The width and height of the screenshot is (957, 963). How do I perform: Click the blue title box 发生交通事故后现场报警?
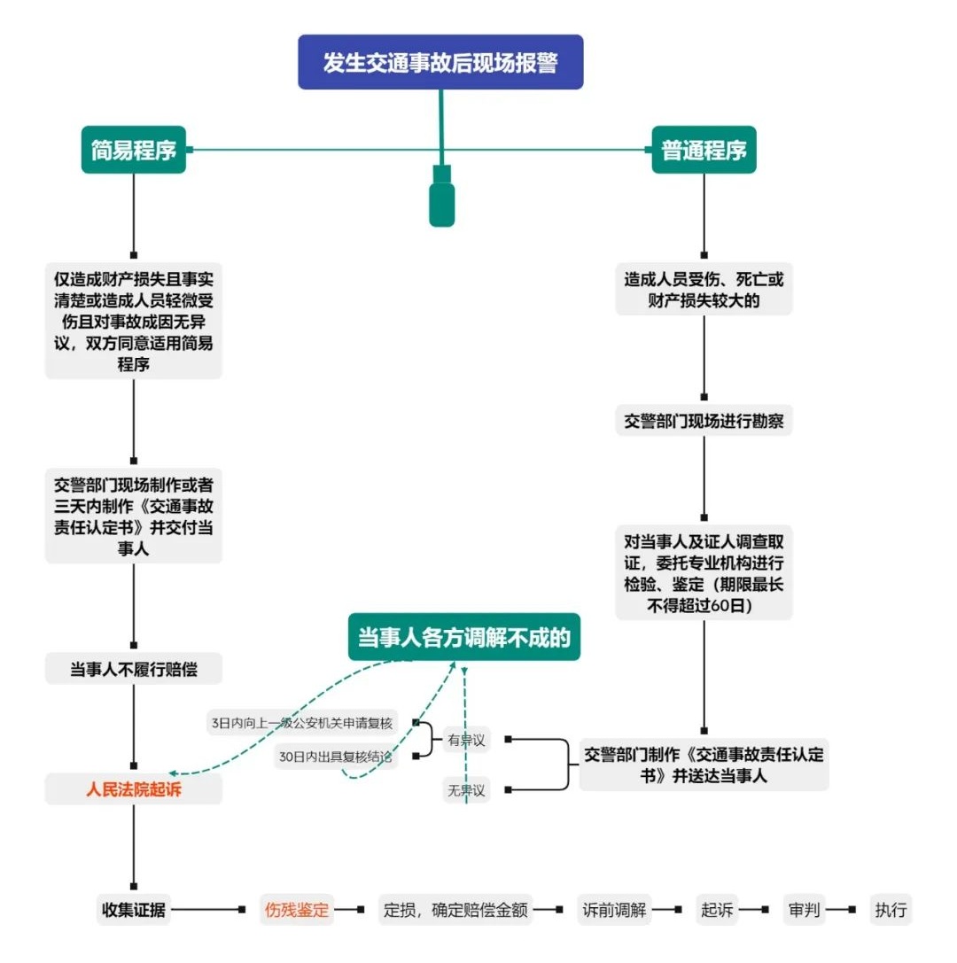coord(440,62)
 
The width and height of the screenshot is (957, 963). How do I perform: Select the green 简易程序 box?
coord(133,150)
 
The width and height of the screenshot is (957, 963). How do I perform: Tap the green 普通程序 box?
coord(704,150)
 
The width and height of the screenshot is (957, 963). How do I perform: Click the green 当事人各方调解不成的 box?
coord(463,637)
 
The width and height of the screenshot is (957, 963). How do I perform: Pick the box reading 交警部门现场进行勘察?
coord(704,421)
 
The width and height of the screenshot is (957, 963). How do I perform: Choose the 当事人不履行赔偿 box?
coord(133,669)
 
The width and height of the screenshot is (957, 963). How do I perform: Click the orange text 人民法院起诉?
coord(133,789)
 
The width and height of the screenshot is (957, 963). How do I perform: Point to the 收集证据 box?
coord(133,910)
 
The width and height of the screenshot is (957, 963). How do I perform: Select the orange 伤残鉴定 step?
coord(297,910)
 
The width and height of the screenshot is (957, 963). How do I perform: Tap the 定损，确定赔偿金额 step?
coord(455,910)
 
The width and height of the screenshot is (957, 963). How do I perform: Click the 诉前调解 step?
coord(614,910)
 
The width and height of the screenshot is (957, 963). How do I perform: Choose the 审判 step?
coord(804,910)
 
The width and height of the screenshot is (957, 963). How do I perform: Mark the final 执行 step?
coord(891,910)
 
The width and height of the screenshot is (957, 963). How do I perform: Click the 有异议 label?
coord(466,740)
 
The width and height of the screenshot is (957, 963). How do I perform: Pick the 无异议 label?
coord(466,790)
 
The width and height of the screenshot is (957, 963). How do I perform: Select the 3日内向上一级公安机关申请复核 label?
coord(301,723)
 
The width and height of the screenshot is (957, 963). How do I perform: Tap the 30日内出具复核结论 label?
coord(335,757)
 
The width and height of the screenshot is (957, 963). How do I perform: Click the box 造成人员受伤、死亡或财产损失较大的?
coord(704,290)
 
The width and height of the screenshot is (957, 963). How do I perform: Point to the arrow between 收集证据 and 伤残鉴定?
coord(208,910)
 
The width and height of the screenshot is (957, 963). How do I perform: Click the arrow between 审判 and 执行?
coord(840,910)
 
